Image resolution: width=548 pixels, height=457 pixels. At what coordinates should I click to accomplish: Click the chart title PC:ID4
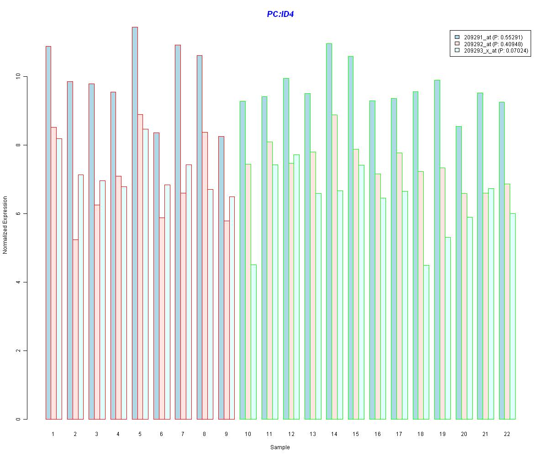pos(280,14)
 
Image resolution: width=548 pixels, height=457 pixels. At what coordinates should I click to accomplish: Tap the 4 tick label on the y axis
pos(18,282)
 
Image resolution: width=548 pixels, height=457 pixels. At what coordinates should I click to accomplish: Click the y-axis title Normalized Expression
pos(5,225)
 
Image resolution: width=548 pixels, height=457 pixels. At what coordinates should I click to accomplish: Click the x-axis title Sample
pos(280,447)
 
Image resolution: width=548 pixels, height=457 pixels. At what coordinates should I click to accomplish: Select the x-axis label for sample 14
pos(334,433)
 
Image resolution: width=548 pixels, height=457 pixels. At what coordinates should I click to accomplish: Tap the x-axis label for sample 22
pos(507,433)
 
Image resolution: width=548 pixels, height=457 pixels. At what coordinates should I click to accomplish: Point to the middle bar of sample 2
pos(75,329)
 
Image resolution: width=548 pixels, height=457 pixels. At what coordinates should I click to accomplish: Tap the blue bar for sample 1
pos(48,233)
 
